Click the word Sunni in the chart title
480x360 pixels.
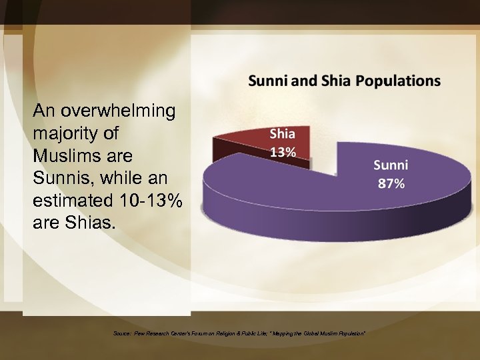pyautogui.click(x=265, y=81)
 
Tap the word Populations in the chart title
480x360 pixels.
pyautogui.click(x=398, y=81)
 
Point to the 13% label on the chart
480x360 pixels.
pyautogui.click(x=283, y=151)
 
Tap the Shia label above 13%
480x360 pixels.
pyautogui.click(x=283, y=134)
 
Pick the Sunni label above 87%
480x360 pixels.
pyautogui.click(x=391, y=165)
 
